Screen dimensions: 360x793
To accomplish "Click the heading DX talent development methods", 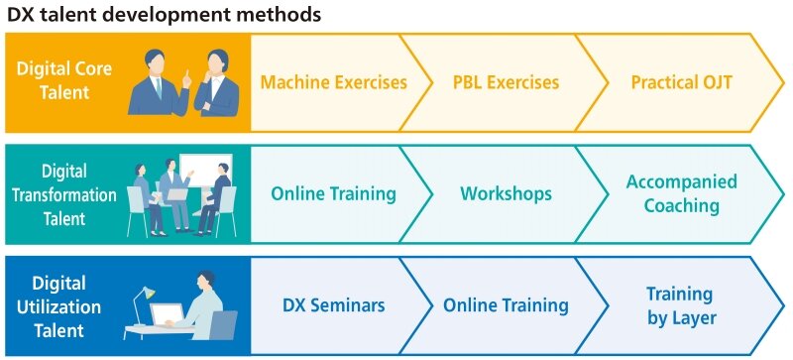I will [x=165, y=15].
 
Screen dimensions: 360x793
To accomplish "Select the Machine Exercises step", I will [x=333, y=82].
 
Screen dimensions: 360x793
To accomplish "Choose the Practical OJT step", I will [x=681, y=82].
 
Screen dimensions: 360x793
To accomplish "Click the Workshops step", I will [x=506, y=193].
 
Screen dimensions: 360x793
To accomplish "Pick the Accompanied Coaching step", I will [x=681, y=193].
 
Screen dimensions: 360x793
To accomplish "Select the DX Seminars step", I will [x=333, y=305].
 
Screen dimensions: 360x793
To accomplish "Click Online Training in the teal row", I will [x=333, y=193].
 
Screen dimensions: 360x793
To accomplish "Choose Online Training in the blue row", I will [x=506, y=305].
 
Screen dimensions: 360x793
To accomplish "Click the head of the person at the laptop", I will [x=206, y=281].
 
